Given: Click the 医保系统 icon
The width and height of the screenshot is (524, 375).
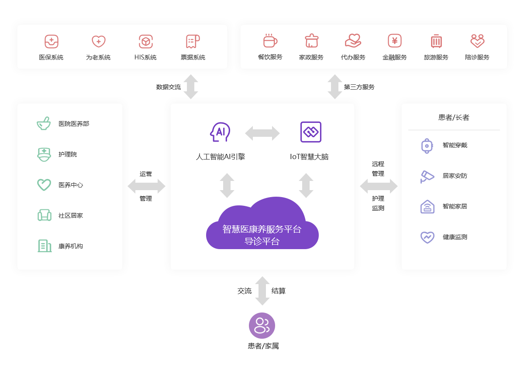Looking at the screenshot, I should click(x=52, y=42).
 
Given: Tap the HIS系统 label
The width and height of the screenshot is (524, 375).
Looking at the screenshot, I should click(x=145, y=57).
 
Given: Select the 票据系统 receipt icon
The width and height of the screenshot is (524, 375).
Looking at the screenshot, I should click(x=193, y=42).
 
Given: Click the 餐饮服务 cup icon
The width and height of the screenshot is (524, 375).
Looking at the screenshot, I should click(x=270, y=41).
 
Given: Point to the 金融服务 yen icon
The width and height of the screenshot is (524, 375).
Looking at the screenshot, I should click(x=395, y=41).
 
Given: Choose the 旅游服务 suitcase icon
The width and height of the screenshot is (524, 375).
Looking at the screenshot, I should click(x=436, y=41).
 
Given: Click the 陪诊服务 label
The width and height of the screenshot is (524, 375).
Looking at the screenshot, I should click(x=477, y=57).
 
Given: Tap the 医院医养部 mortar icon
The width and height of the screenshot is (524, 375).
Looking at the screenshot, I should click(x=44, y=124).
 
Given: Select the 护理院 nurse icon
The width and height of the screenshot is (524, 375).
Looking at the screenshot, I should click(x=44, y=154).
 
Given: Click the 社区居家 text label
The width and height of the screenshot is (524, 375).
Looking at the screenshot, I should click(x=71, y=215).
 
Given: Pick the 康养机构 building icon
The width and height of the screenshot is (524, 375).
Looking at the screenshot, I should click(x=44, y=246).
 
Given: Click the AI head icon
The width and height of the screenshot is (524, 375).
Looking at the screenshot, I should click(x=220, y=132).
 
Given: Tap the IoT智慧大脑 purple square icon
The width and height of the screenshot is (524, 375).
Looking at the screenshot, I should click(x=311, y=132).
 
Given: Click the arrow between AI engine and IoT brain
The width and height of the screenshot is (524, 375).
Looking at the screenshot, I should click(x=262, y=133).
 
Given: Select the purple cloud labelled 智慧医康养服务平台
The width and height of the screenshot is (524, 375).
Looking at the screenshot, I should click(x=262, y=227).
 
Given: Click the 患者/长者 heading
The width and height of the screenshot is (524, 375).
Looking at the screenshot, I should click(x=454, y=117).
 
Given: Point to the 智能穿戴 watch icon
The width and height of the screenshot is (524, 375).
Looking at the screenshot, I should click(x=427, y=145).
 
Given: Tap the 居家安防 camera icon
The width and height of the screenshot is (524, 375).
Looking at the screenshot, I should click(x=427, y=176).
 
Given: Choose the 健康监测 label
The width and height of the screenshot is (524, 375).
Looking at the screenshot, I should click(x=455, y=237).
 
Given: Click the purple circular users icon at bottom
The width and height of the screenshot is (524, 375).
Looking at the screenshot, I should click(x=262, y=325).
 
